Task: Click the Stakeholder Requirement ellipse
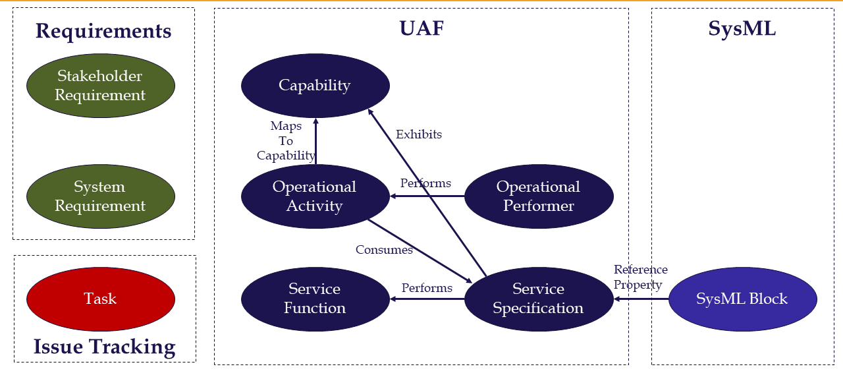(x=100, y=86)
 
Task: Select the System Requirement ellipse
(x=100, y=196)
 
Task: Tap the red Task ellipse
(x=100, y=299)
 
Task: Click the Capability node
(x=315, y=85)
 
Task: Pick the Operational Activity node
(x=315, y=196)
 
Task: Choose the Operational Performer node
(x=539, y=196)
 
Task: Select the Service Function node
(x=315, y=299)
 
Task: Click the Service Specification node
(x=539, y=299)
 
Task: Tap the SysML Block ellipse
(x=742, y=299)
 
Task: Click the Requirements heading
(x=103, y=31)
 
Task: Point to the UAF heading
(x=421, y=28)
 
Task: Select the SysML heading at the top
(x=742, y=28)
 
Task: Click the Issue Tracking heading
(x=105, y=347)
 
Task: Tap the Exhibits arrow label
(x=419, y=134)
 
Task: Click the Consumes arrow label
(x=384, y=250)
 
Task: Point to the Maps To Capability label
(x=286, y=140)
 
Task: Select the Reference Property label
(x=640, y=277)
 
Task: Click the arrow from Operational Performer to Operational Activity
(x=427, y=196)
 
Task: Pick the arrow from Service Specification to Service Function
(x=427, y=299)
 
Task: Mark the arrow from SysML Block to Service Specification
(x=641, y=299)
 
